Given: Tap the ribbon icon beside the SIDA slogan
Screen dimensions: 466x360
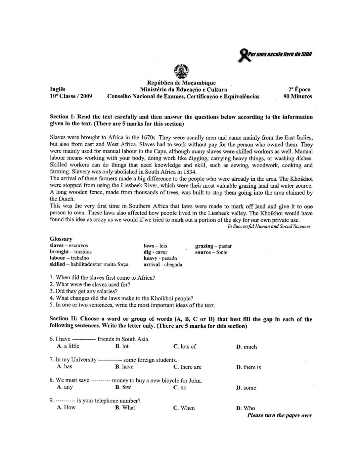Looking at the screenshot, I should click(x=244, y=55).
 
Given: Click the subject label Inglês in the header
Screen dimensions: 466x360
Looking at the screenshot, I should click(x=57, y=89).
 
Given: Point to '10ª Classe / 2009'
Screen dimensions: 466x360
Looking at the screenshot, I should click(x=71, y=97).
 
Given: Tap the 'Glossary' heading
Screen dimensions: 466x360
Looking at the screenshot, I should click(x=61, y=239).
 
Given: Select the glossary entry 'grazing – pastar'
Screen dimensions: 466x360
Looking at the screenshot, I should click(x=213, y=246).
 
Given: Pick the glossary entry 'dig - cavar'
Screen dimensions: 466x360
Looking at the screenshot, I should click(x=155, y=252).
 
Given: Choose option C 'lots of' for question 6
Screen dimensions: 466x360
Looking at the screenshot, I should click(x=185, y=347).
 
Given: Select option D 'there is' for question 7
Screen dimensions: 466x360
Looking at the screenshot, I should click(x=248, y=367).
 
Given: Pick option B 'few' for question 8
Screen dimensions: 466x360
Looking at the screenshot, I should click(x=123, y=387).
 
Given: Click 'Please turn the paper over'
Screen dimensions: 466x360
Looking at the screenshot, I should click(x=279, y=416).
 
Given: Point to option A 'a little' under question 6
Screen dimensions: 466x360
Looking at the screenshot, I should click(x=68, y=346).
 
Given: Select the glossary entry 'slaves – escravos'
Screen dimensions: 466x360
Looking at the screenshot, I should click(x=69, y=246).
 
